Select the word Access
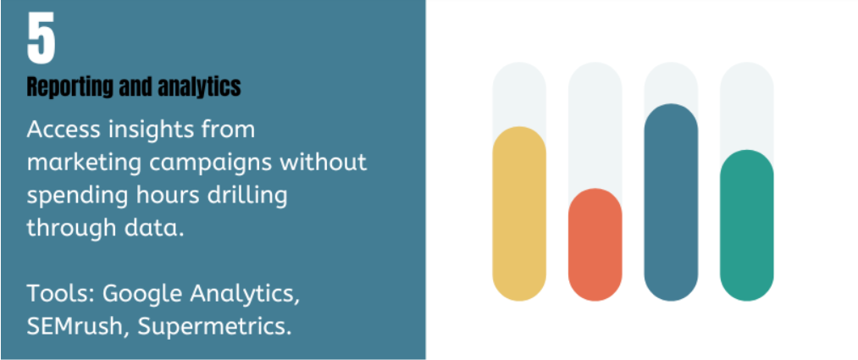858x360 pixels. click(x=64, y=130)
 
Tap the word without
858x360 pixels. click(x=318, y=162)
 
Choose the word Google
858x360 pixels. click(x=142, y=296)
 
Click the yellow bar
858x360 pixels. click(x=518, y=214)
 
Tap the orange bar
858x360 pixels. click(x=595, y=245)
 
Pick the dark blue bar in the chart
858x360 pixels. click(x=671, y=202)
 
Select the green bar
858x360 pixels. click(x=746, y=225)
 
